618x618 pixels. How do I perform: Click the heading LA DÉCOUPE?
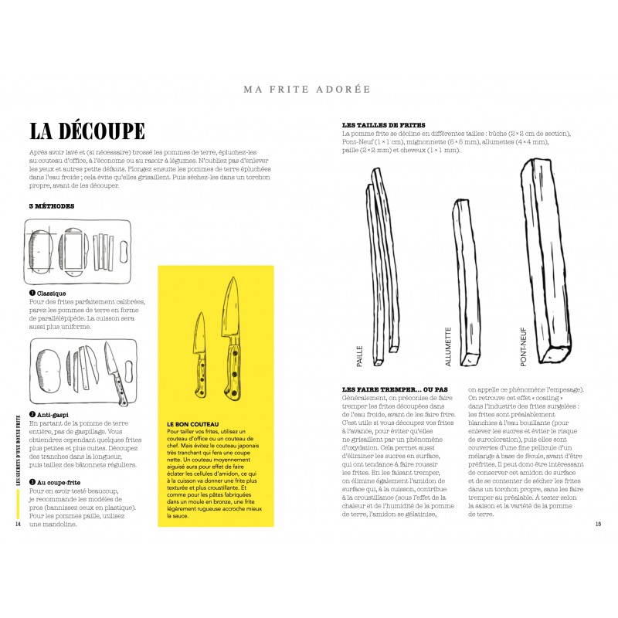pos(86,130)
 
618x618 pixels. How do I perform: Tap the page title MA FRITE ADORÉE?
pos(307,89)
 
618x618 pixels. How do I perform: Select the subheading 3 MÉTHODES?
pos(51,206)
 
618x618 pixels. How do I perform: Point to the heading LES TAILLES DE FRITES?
pos(383,125)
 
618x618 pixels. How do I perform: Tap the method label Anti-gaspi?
pos(52,415)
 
